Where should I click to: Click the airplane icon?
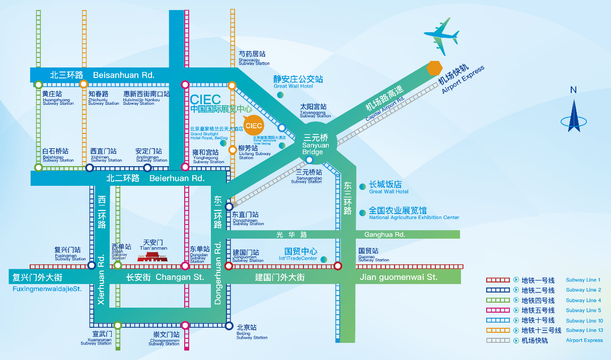(442, 36)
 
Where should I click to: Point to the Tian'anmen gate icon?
(152, 256)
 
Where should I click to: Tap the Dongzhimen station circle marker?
(229, 206)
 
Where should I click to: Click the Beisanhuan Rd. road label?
(102, 75)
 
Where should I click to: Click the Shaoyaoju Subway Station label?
(254, 58)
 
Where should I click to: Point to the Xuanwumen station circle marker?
(117, 325)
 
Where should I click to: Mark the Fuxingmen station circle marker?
(92, 265)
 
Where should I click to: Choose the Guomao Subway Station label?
(373, 254)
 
